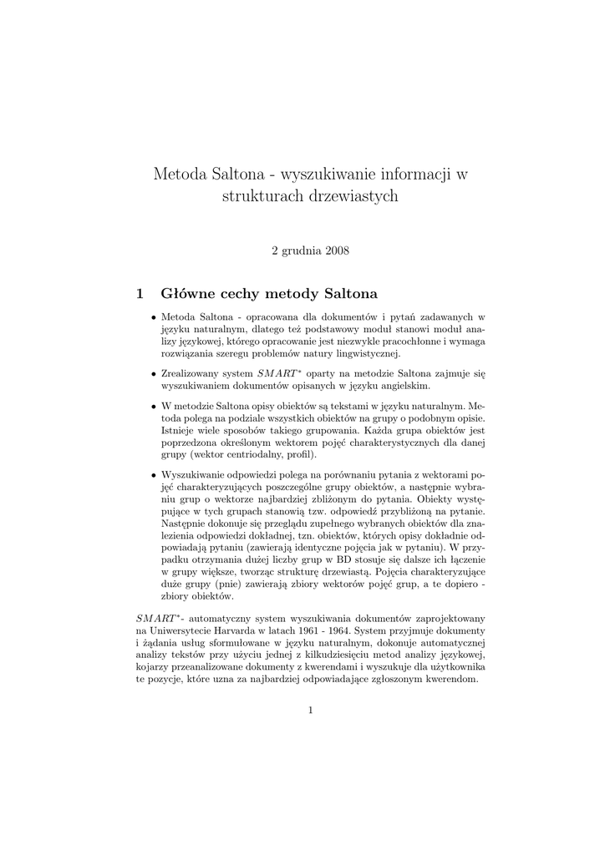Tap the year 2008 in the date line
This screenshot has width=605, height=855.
(x=335, y=250)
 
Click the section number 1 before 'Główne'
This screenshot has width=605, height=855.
(x=140, y=293)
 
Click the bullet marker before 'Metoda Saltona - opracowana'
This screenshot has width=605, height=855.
(x=153, y=318)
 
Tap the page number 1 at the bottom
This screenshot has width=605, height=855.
(x=310, y=711)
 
